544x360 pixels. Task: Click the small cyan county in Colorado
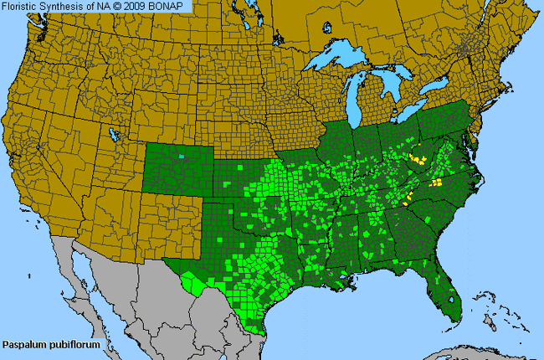[x=183, y=156]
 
